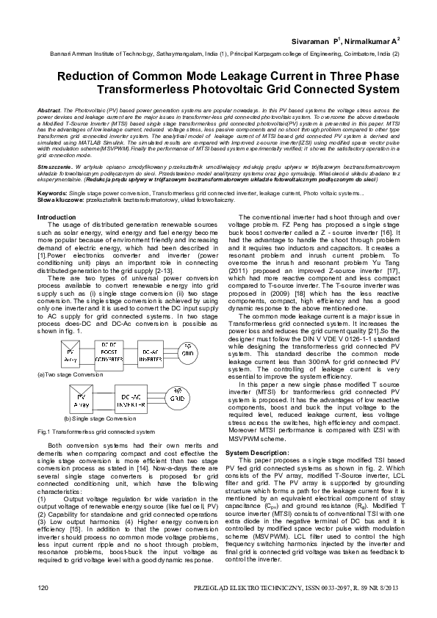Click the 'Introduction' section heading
click(x=57, y=217)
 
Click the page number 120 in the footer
click(x=43, y=589)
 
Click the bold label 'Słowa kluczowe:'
click(x=61, y=199)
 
